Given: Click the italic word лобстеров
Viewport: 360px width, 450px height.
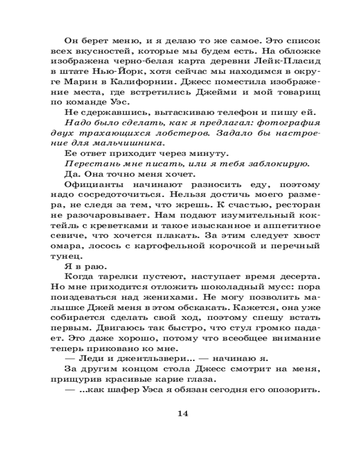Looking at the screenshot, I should pyautogui.click(x=183, y=133).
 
